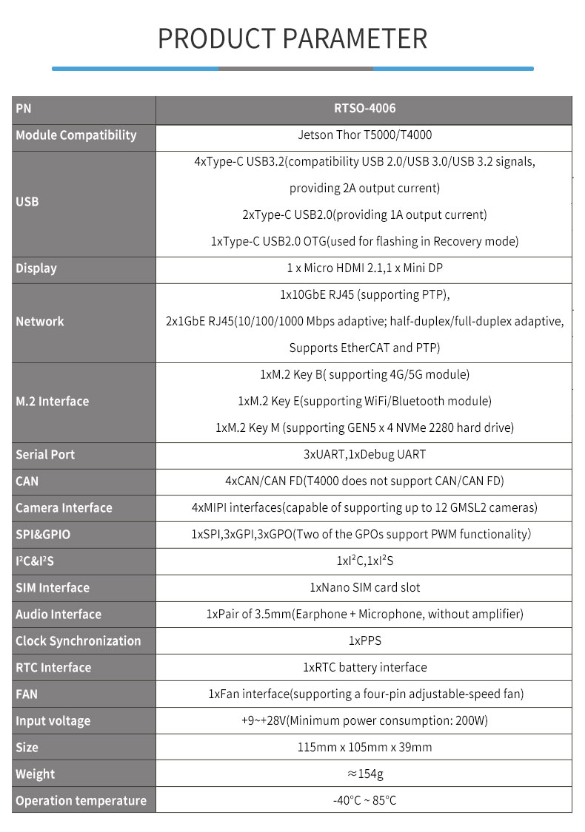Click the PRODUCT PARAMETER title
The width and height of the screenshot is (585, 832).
292,38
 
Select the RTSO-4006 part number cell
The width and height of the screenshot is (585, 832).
364,109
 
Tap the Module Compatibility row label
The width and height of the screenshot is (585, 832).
76,135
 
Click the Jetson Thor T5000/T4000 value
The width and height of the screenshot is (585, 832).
364,135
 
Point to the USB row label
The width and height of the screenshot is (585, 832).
27,201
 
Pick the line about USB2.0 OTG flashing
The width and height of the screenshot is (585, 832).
364,241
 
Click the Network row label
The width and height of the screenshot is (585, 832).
40,322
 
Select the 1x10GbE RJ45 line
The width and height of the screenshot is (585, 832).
364,295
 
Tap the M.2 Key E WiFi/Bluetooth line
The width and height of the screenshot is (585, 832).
364,401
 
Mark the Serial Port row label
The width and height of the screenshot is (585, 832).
45,455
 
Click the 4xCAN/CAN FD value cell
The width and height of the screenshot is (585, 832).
364,481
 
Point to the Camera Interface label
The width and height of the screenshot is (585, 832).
64,508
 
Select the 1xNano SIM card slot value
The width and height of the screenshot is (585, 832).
364,588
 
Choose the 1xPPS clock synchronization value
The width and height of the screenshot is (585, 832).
364,641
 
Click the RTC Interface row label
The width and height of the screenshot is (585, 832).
53,668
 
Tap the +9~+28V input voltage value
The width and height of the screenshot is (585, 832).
364,721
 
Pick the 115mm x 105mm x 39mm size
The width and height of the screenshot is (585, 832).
364,748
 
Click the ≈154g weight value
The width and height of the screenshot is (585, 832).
364,774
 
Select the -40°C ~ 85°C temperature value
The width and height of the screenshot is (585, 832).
364,801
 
